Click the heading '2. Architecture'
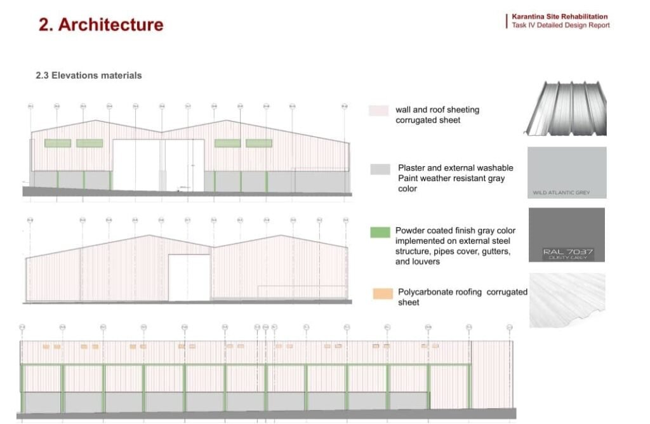(101, 25)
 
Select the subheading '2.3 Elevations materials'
(89, 76)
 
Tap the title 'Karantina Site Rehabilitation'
(560, 17)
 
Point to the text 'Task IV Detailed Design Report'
(561, 25)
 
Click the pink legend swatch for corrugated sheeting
(378, 110)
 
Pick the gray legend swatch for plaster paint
(380, 169)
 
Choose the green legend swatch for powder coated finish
(380, 232)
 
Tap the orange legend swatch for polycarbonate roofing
(381, 293)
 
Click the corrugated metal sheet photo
(566, 108)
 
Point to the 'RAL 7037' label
(567, 252)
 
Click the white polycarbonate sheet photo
(567, 300)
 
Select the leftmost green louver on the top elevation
(58, 143)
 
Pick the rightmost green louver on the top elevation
(259, 143)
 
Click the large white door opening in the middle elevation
(189, 277)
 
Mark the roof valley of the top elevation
(162, 132)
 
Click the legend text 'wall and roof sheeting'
(437, 110)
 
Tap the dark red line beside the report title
(507, 21)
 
